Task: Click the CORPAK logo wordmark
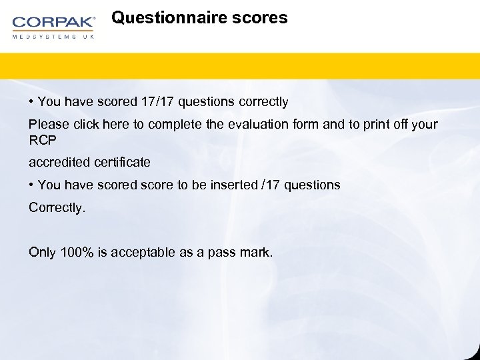53,22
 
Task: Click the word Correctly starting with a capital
56,207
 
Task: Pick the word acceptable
141,252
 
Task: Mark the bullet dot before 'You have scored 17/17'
31,102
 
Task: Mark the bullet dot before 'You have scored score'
31,185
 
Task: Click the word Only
42,252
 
